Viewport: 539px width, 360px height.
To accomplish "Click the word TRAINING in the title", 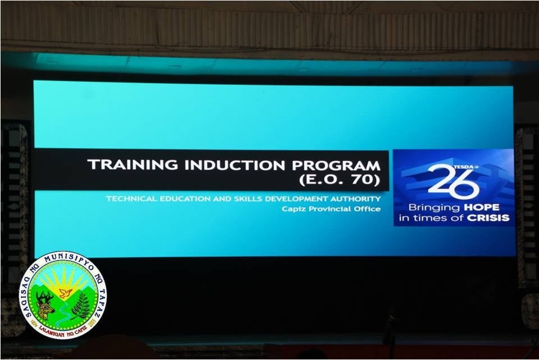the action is [133, 165].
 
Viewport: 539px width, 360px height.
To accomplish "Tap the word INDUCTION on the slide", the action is [235, 165].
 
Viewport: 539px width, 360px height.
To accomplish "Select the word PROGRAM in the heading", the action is [336, 166].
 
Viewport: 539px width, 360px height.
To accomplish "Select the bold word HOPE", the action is [481, 207].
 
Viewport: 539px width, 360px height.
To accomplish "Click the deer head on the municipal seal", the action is [45, 304].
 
